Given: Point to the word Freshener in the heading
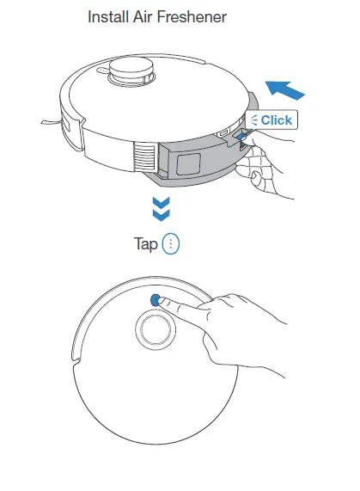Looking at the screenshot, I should pyautogui.click(x=195, y=16).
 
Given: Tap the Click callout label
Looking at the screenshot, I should pyautogui.click(x=271, y=120).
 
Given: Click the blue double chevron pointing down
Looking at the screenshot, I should pyautogui.click(x=160, y=209).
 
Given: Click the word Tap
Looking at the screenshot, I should pyautogui.click(x=146, y=244).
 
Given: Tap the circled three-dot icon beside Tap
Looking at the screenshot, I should pyautogui.click(x=171, y=244).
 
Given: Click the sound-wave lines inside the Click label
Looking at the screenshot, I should pyautogui.click(x=254, y=120).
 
